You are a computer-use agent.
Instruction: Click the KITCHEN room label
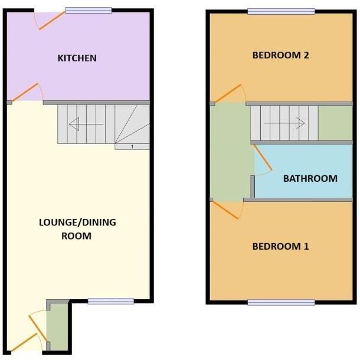click(x=77, y=58)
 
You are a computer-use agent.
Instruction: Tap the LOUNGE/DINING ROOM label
click(x=77, y=229)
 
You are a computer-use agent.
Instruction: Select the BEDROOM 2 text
click(x=281, y=55)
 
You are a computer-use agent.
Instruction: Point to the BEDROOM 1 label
click(x=280, y=246)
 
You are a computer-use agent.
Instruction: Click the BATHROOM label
click(x=310, y=178)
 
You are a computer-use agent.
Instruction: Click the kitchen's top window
click(x=89, y=10)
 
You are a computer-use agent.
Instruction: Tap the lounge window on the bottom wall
click(x=111, y=301)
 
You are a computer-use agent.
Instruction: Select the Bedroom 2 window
click(x=281, y=11)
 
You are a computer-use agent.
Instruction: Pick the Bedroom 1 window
click(x=281, y=302)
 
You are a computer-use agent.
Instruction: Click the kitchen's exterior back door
click(x=50, y=20)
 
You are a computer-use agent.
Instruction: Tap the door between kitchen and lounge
click(x=27, y=93)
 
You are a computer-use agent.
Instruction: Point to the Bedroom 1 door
click(x=227, y=210)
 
